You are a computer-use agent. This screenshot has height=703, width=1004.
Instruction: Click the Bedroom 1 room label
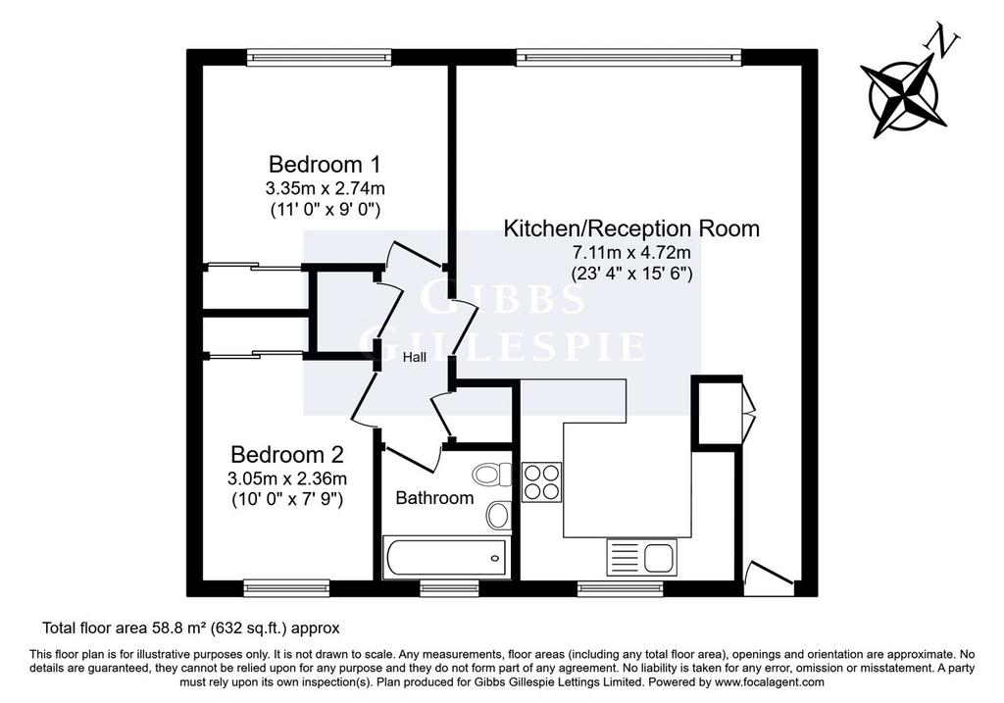point(325,165)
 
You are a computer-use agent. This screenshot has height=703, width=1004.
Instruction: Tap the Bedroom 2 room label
point(287,455)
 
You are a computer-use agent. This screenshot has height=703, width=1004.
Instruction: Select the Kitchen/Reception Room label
point(631,228)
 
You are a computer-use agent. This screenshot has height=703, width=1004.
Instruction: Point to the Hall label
point(415,357)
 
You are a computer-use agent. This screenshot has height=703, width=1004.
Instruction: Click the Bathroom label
point(434,497)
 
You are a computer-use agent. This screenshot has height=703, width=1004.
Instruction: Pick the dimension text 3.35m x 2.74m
point(326,188)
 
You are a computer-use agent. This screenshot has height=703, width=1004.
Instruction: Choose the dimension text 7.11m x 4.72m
point(632,252)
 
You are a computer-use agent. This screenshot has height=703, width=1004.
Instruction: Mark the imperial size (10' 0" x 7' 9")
point(287,499)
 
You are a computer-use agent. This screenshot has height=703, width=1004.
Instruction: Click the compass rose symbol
point(903,96)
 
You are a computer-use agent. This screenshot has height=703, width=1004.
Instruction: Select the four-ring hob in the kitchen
point(541,482)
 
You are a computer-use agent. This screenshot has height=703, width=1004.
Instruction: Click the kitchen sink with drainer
point(641,557)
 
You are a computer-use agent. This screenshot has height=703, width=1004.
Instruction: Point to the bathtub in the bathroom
point(447,558)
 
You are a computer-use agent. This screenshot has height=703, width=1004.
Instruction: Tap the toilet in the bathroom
point(492,475)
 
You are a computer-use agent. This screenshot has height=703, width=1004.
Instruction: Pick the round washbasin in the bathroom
point(498,515)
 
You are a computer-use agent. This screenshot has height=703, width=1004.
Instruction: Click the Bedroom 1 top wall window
point(320,58)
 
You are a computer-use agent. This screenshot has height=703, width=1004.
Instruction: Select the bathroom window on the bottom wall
point(449,587)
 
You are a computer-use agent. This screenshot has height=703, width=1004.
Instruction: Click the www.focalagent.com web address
point(770,681)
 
